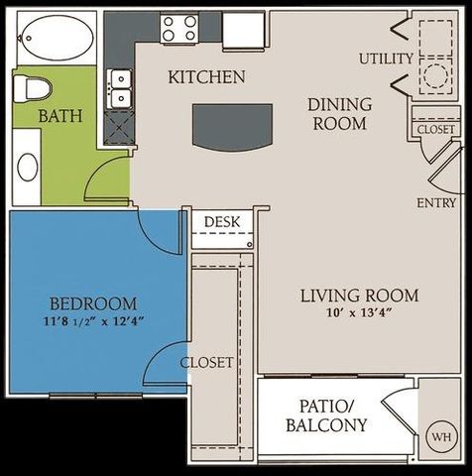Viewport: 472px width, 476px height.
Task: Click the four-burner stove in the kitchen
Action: tap(181, 29)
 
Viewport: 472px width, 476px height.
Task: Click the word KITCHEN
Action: tap(206, 76)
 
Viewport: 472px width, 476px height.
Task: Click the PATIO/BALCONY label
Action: tap(326, 416)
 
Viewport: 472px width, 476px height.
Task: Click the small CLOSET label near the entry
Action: tap(436, 130)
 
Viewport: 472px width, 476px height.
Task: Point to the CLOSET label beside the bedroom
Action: tap(206, 362)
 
